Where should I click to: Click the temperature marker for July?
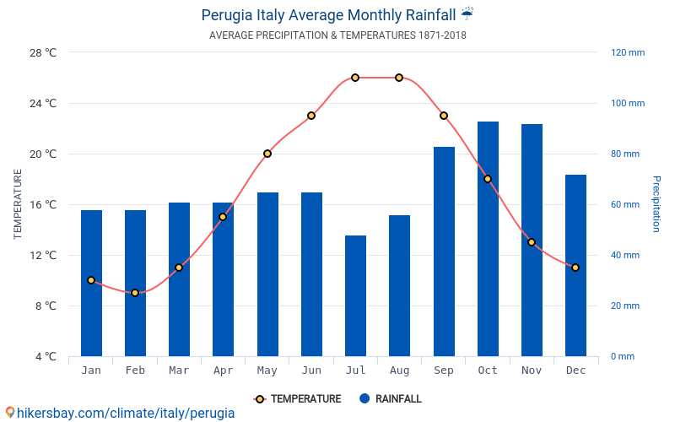tap(355, 78)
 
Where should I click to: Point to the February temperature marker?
tap(135, 293)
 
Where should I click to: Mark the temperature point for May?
tap(267, 154)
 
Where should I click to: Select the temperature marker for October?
tap(488, 179)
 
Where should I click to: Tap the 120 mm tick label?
tap(628, 52)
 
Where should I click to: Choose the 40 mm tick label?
tap(625, 255)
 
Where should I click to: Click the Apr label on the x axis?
tap(223, 371)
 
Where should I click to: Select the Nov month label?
tap(532, 371)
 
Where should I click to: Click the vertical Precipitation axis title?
tap(656, 204)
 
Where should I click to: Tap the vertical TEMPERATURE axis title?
tap(18, 204)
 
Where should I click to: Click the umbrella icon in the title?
tap(467, 14)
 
